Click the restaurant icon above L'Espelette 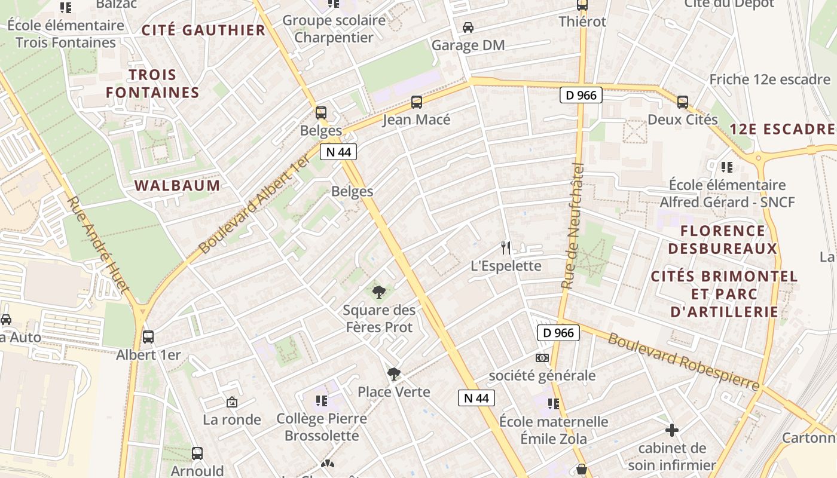(x=506, y=247)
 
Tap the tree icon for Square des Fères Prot (x=378, y=292)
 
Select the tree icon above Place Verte (x=393, y=374)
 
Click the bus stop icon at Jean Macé (x=417, y=102)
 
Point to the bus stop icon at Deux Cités (x=683, y=102)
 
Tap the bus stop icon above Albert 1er (x=148, y=337)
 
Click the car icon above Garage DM (x=468, y=27)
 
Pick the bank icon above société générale (x=542, y=357)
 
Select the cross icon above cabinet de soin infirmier (x=672, y=430)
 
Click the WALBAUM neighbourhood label (x=178, y=185)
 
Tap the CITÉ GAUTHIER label (x=203, y=30)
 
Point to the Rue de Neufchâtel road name (x=572, y=226)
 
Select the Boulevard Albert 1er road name (x=254, y=203)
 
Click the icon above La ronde (x=232, y=402)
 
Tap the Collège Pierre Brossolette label (x=322, y=427)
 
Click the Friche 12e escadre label (x=769, y=79)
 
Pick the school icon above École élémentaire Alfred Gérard (x=727, y=167)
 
